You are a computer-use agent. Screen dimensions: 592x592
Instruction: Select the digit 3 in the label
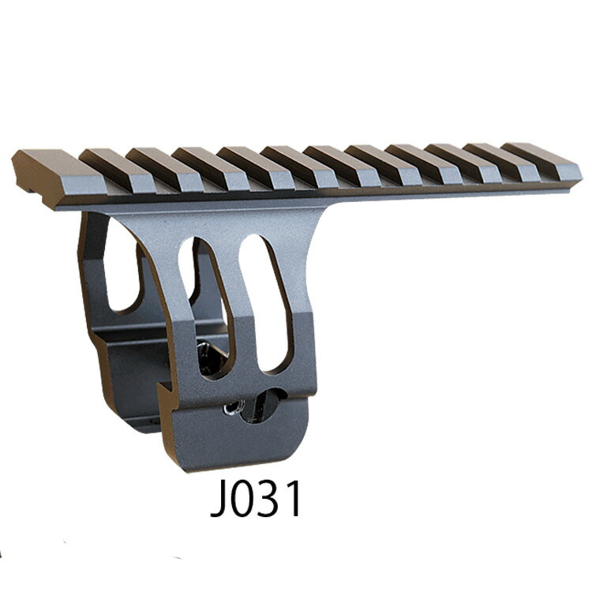[x=269, y=499]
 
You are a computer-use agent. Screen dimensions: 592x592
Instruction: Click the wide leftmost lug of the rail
[x=57, y=178]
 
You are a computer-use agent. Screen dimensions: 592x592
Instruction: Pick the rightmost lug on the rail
[x=540, y=163]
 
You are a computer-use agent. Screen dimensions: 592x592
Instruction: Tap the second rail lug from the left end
[x=118, y=170]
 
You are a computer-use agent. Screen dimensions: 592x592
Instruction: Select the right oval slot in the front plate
[x=265, y=302]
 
